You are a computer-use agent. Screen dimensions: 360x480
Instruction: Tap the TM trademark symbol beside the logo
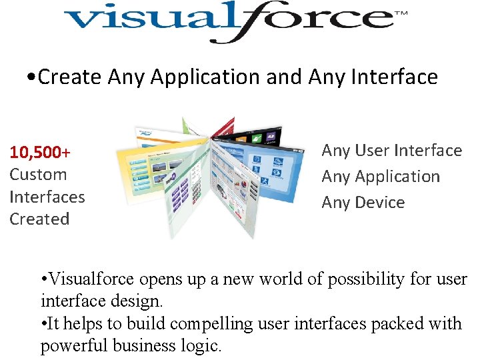401,13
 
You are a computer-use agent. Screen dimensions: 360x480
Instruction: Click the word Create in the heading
71,77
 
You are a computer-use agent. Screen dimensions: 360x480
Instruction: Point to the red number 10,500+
40,153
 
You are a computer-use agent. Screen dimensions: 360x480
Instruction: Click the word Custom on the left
38,175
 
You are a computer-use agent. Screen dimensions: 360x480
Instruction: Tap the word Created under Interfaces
39,219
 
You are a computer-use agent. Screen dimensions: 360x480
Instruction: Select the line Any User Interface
391,151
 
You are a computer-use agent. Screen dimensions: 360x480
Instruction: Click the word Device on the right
380,203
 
